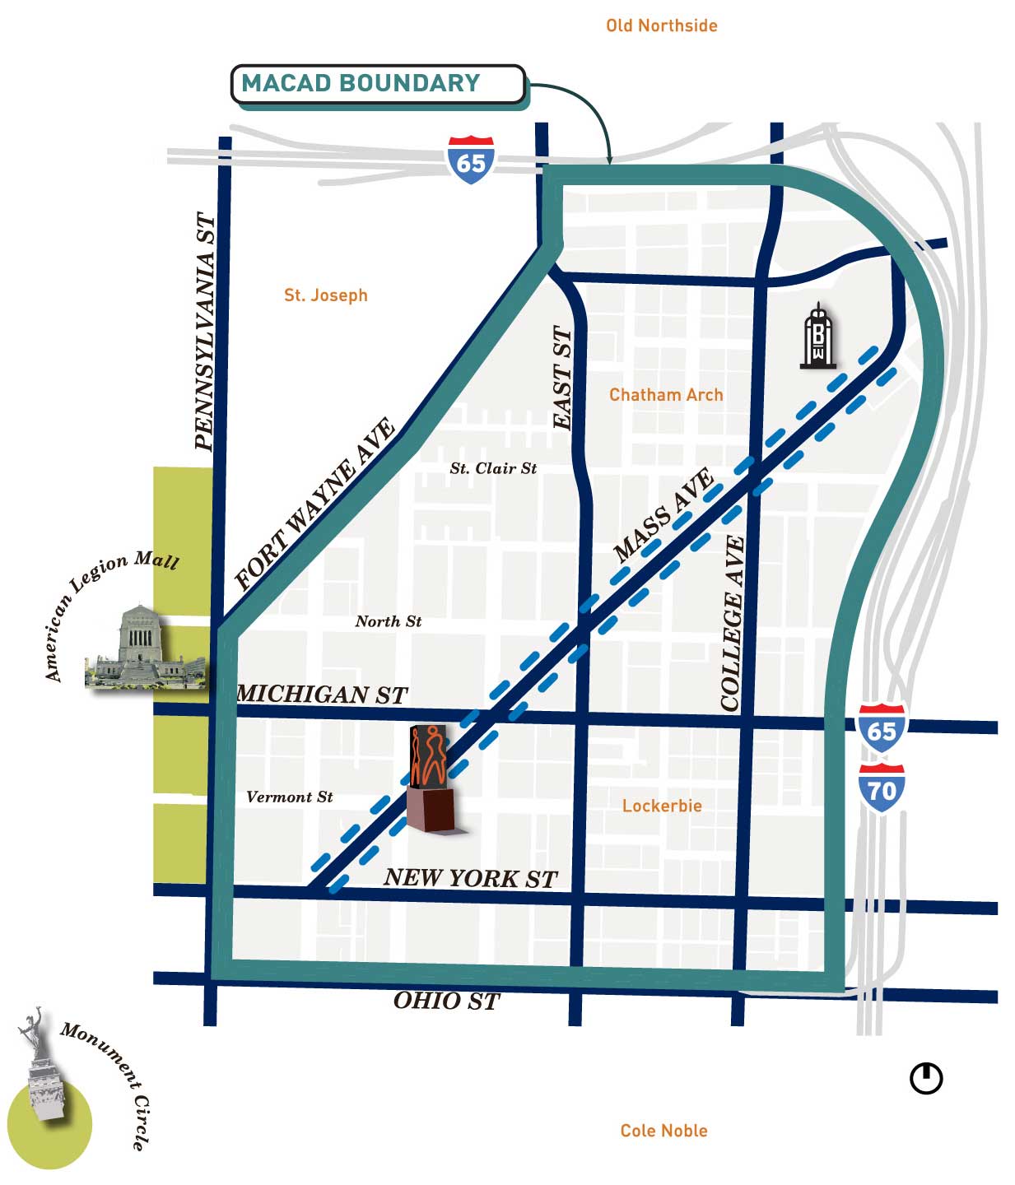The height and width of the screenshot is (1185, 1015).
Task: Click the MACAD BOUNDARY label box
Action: (x=377, y=84)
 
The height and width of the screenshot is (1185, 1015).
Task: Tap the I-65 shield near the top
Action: (x=471, y=160)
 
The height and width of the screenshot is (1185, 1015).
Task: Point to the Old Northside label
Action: (x=661, y=26)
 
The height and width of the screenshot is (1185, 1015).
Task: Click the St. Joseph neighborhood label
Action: (x=325, y=295)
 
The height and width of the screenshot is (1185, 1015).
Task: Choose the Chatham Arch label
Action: (x=665, y=395)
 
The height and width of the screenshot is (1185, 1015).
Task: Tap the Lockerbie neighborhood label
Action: (x=662, y=806)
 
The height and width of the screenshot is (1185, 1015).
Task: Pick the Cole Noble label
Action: (x=663, y=1131)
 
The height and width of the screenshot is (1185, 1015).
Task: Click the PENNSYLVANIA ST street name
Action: (x=205, y=331)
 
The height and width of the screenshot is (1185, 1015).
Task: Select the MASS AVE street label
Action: (x=663, y=516)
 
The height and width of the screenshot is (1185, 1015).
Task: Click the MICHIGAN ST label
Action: (x=322, y=695)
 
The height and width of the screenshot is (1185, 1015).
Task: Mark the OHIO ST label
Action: (x=446, y=1001)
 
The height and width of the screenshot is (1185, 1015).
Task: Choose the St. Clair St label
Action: (x=493, y=468)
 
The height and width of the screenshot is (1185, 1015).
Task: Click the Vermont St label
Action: (x=290, y=797)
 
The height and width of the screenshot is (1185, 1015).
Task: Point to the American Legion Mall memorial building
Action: (x=141, y=648)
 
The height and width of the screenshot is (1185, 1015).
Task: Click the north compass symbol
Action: (x=926, y=1078)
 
